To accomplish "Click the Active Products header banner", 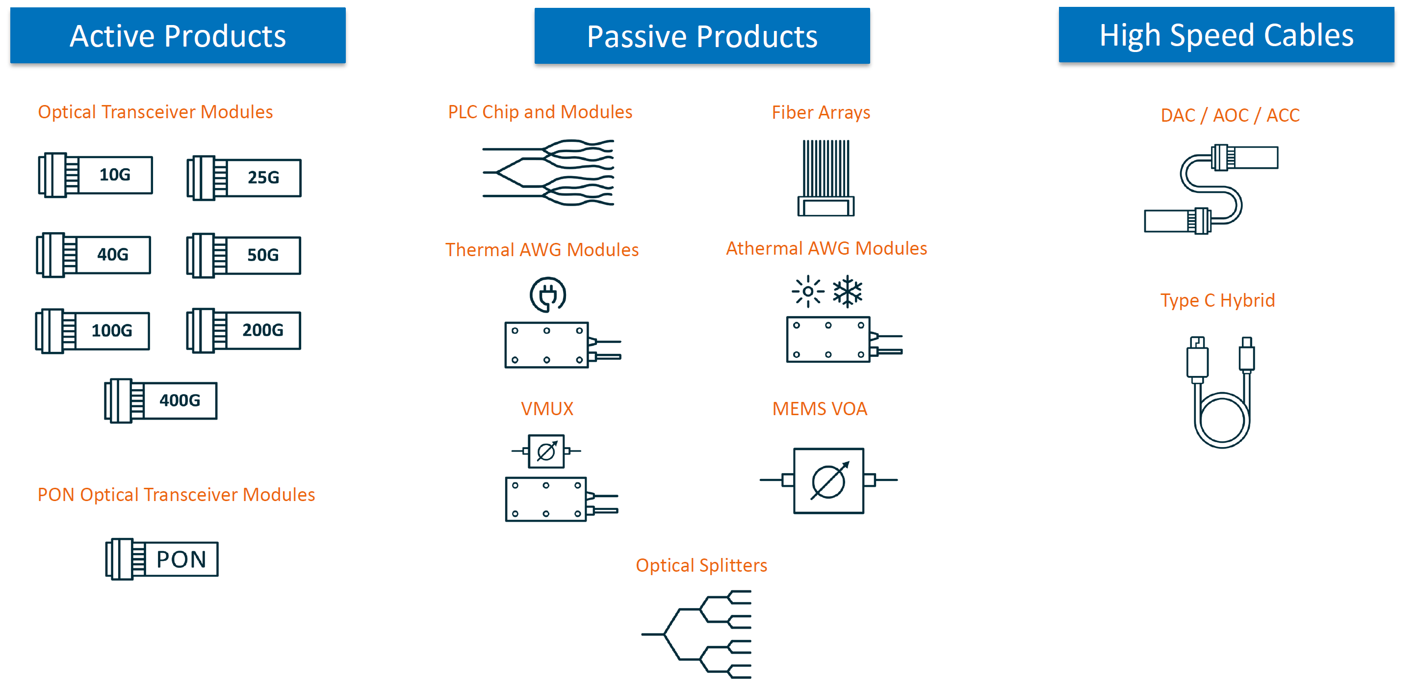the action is (x=178, y=36).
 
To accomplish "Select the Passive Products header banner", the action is (x=702, y=36).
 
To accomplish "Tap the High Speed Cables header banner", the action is (x=1227, y=35).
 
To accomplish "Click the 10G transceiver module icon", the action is (x=95, y=175).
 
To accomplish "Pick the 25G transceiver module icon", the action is (x=244, y=178).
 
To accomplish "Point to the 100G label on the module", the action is (x=112, y=331).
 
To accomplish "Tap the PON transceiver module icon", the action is (x=162, y=559).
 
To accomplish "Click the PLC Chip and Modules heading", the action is (x=540, y=112).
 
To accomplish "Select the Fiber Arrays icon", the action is (x=826, y=178).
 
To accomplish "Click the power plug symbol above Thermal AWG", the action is (x=548, y=295).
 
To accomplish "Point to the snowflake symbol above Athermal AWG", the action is (x=848, y=291).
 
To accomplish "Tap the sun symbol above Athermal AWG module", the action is (x=808, y=291).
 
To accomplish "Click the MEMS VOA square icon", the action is (x=828, y=480).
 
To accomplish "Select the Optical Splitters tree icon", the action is (x=697, y=634).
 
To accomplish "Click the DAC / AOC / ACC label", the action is (x=1230, y=115).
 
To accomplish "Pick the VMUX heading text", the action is (x=547, y=408).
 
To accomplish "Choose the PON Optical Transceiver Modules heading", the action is (x=176, y=495).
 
